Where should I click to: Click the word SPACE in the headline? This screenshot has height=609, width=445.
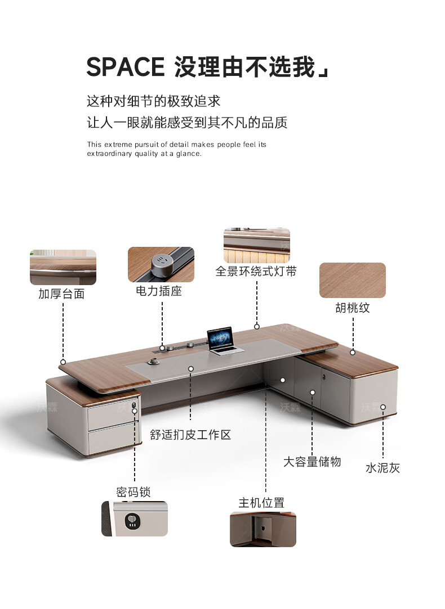click(x=125, y=67)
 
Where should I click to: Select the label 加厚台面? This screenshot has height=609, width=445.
click(x=61, y=294)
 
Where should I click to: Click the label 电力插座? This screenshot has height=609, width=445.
click(x=159, y=291)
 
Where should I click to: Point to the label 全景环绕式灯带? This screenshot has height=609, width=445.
click(x=256, y=272)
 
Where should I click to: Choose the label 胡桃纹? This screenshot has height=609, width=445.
click(x=353, y=308)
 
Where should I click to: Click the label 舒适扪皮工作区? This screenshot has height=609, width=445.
click(x=190, y=435)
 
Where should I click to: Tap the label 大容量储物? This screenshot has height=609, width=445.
click(x=312, y=462)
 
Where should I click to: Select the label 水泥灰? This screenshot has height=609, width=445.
click(x=383, y=468)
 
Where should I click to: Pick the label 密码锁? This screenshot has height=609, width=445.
click(x=133, y=492)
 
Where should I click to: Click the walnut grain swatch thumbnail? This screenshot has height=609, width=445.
click(x=353, y=280)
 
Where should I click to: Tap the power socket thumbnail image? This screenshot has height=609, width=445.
click(x=161, y=264)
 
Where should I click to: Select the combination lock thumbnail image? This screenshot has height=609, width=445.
click(x=135, y=518)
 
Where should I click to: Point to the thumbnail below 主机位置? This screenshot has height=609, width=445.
click(x=262, y=529)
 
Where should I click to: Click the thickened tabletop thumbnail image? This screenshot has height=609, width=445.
click(x=63, y=267)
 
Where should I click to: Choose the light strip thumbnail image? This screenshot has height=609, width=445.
click(x=257, y=245)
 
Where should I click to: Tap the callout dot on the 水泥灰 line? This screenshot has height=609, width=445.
click(x=383, y=407)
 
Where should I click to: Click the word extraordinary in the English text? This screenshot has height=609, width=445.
click(x=108, y=154)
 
